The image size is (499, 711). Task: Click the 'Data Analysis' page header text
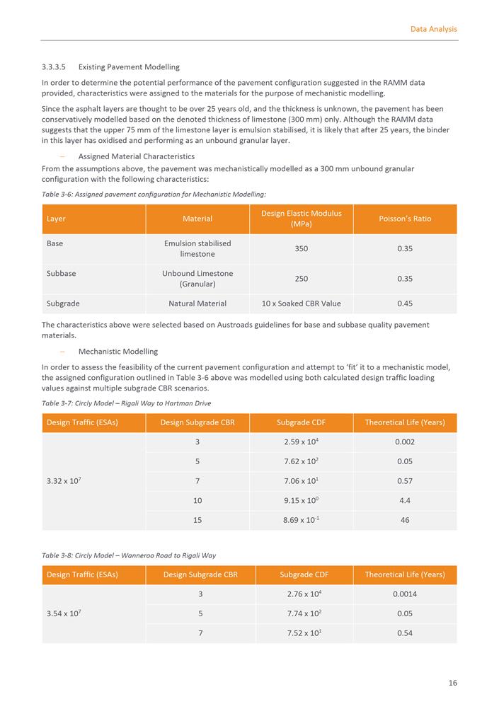tap(433, 29)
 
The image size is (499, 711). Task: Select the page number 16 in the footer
tap(452, 683)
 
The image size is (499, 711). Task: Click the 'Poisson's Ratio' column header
tap(405, 219)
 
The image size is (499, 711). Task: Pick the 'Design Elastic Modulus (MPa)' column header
tap(302, 219)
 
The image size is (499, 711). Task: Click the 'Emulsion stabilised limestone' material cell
tap(197, 248)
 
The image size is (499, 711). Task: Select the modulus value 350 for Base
tap(302, 249)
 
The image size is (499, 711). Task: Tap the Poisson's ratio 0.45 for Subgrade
tap(405, 304)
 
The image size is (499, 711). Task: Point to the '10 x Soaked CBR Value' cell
tap(302, 304)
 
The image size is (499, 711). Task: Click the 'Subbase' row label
tap(62, 273)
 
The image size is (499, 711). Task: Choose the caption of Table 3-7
tap(126, 403)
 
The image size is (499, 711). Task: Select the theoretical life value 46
tap(405, 520)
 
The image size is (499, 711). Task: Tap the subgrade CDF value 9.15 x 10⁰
tap(302, 500)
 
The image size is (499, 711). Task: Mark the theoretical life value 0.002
tap(405, 442)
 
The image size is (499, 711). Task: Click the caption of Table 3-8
tap(129, 555)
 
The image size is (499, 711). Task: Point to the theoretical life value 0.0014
tap(405, 594)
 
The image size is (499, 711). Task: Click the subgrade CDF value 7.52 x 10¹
tap(302, 633)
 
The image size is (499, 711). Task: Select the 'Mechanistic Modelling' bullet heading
tap(117, 352)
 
